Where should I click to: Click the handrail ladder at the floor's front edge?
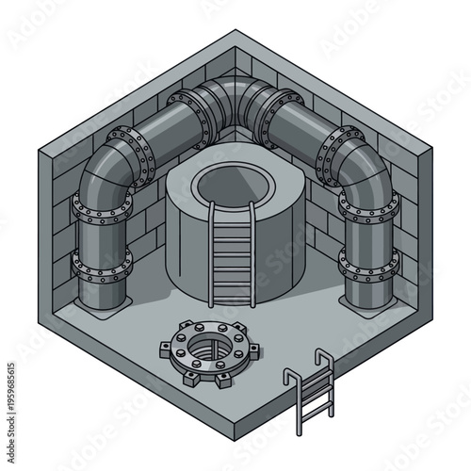(314, 393)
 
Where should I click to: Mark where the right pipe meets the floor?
(368, 304)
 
